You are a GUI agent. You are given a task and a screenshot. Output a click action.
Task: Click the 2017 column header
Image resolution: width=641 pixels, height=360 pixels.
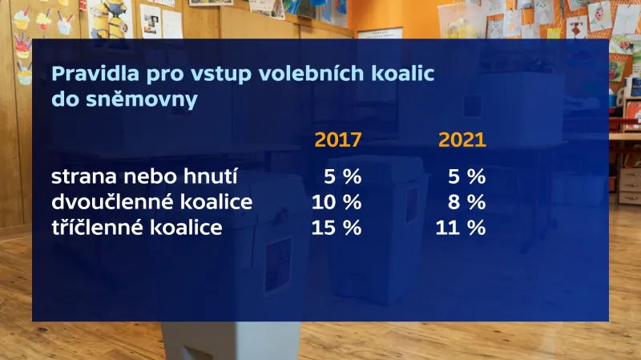[x=337, y=140]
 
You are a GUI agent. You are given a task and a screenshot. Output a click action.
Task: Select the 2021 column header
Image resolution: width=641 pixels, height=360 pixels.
[x=462, y=140]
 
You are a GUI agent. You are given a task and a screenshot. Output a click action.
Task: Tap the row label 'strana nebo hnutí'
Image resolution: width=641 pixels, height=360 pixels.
[x=144, y=176]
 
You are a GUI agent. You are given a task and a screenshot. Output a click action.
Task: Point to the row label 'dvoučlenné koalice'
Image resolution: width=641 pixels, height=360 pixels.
[x=151, y=201]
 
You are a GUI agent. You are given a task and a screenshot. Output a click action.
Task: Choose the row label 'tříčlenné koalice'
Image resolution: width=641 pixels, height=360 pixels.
[x=136, y=227]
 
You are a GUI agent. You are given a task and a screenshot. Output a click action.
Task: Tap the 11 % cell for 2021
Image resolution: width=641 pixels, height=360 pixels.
[x=461, y=227]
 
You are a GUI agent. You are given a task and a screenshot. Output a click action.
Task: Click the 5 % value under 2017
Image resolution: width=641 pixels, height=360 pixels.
[x=341, y=176]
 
